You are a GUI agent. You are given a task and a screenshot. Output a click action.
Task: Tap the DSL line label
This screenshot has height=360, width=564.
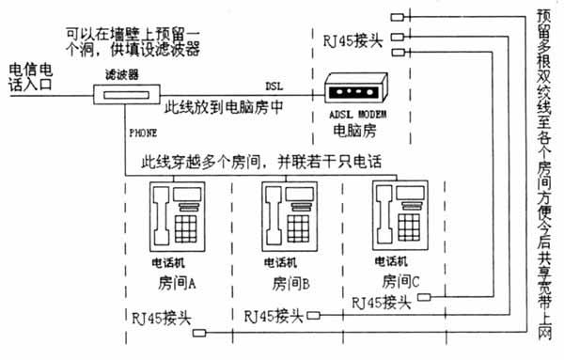click(274, 85)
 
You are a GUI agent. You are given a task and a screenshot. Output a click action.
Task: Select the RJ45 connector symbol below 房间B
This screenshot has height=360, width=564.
click(314, 315)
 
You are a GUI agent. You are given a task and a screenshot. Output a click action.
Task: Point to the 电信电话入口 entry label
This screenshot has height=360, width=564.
click(31, 77)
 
